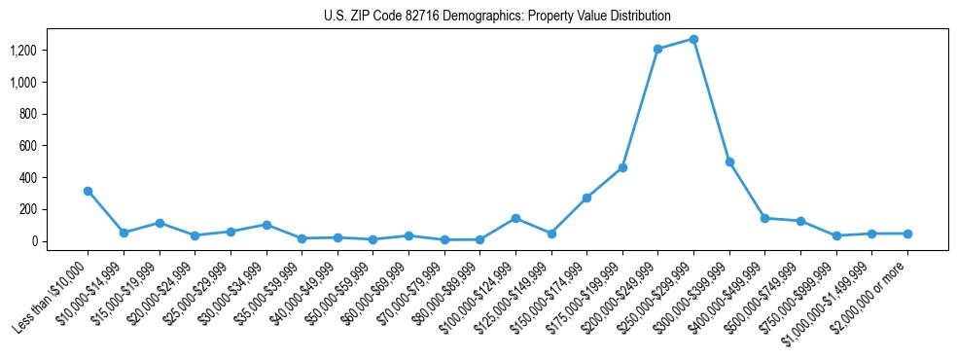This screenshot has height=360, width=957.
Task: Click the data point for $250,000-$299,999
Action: (693, 39)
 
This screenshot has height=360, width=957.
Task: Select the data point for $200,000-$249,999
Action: (657, 49)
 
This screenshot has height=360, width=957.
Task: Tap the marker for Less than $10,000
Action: (88, 191)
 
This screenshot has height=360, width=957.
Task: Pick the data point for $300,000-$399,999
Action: (729, 162)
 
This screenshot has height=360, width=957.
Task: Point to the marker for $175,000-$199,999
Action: (622, 167)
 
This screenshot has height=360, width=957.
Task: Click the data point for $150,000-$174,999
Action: (586, 198)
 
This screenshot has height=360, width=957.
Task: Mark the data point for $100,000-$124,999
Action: (515, 218)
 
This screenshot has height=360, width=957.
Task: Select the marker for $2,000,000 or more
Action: (907, 234)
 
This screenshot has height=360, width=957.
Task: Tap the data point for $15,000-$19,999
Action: (159, 223)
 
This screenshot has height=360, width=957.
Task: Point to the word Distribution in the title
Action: (638, 17)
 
